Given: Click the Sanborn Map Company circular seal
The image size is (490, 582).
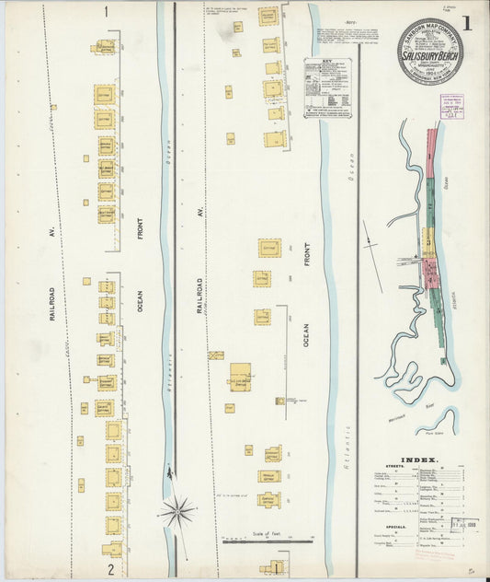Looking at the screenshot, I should click(x=430, y=52).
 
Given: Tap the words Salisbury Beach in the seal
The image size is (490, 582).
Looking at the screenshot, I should click(x=430, y=56).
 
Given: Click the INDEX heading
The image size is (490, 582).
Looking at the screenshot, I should click(x=419, y=460).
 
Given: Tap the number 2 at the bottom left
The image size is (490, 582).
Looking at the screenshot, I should click(x=110, y=569).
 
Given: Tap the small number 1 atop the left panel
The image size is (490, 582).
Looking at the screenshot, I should click(x=107, y=12).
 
